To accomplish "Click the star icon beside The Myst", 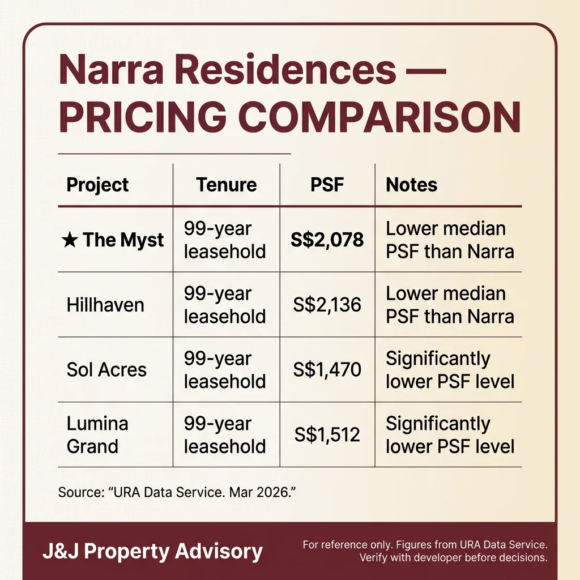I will tap(70, 240).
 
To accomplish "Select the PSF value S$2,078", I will tap(327, 240).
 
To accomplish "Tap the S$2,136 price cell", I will tap(327, 305).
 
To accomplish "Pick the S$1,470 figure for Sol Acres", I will tap(327, 370).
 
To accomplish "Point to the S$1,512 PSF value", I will tap(327, 435).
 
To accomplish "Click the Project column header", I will tap(97, 185).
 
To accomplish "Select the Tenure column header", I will tap(227, 185).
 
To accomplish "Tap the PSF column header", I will tap(327, 185).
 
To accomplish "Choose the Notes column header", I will tap(411, 185).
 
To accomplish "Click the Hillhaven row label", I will tap(105, 305).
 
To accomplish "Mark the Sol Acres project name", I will tap(106, 370).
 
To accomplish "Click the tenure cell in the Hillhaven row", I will tap(225, 305).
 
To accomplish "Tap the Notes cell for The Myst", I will tap(450, 240).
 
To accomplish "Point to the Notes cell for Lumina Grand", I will tap(450, 435).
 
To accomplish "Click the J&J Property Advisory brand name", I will tap(152, 551).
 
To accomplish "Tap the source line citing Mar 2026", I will tap(177, 492).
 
